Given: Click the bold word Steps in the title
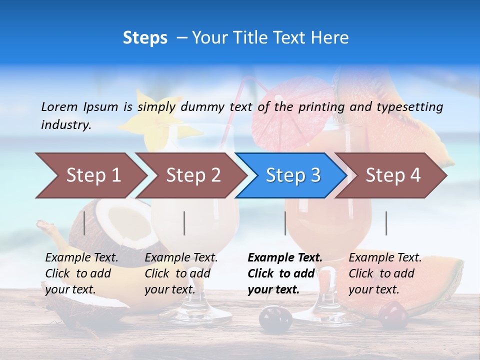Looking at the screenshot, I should pos(145,38).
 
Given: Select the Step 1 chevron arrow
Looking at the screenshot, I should pos(90,175).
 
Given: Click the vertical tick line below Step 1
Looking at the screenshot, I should pos(84,223).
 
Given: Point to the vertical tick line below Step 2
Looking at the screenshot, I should pos(184,223).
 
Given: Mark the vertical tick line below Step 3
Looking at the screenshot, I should pos(285,223).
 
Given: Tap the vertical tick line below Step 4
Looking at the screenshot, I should pos(386,223).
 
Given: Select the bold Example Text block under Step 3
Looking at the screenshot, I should pos(285,273).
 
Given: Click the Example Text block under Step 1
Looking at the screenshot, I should pos(81,273).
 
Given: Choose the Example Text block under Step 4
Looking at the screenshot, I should pos(385,273).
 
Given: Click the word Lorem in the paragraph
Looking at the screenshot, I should pos(59,106).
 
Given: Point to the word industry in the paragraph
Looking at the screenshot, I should pos(65,125).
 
